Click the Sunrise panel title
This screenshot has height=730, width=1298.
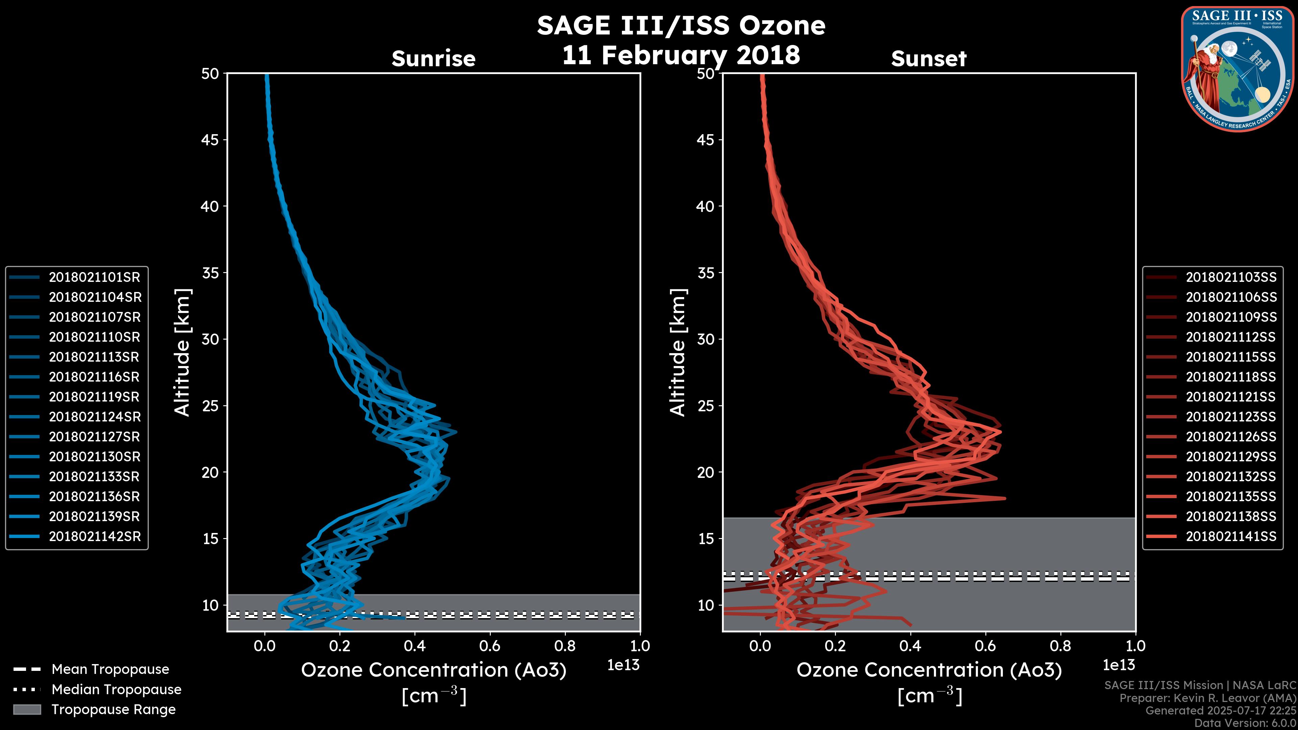pos(433,59)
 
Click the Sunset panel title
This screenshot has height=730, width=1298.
pos(929,59)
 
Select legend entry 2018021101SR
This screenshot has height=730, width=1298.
pos(95,277)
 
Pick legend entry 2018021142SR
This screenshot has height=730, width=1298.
pos(95,536)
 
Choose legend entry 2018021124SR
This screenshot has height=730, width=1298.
pos(95,417)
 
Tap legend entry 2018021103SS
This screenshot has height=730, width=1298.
pos(1231,277)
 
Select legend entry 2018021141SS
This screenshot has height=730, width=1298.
pos(1231,536)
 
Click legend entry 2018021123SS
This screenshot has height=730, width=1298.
pos(1231,417)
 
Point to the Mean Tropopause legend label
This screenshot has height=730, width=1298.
pos(110,669)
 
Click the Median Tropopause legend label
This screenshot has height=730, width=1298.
pos(116,689)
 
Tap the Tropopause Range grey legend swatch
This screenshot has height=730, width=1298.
pos(27,709)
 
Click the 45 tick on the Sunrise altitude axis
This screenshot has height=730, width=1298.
pos(211,140)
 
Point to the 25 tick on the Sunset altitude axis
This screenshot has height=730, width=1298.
pos(706,406)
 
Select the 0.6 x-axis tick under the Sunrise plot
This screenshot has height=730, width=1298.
pos(490,646)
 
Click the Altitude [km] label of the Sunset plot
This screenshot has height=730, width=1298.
pos(678,352)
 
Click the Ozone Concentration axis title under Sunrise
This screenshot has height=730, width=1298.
pos(433,670)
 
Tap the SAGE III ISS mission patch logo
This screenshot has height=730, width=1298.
pos(1237,69)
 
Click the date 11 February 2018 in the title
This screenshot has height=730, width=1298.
pos(681,55)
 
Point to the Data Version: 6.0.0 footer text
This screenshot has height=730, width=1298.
pos(1246,723)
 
